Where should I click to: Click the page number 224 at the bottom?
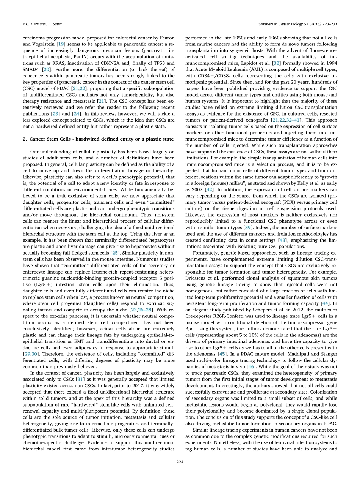point(180,462)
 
